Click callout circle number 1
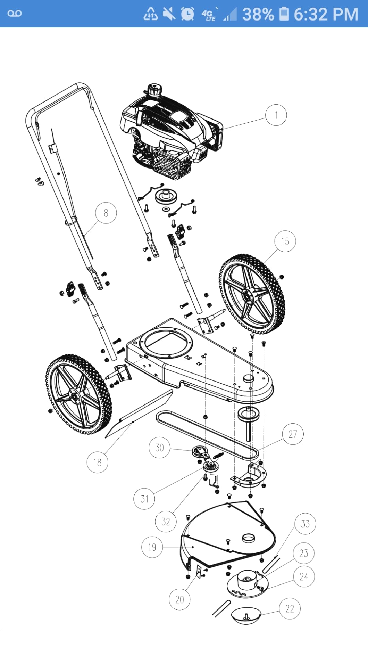tap(276, 115)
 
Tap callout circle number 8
tap(106, 213)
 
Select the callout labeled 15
tap(285, 241)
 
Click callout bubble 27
tap(293, 434)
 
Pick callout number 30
tap(159, 448)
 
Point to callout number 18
tap(97, 462)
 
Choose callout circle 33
tap(305, 524)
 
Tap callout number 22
tap(290, 608)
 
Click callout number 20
tap(179, 599)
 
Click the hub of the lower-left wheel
tap(74, 394)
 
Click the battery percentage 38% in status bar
tap(258, 14)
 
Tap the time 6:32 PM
tap(326, 14)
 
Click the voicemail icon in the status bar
tap(15, 14)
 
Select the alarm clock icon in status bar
tap(187, 14)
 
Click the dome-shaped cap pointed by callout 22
tap(246, 616)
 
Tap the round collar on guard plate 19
tap(249, 538)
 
